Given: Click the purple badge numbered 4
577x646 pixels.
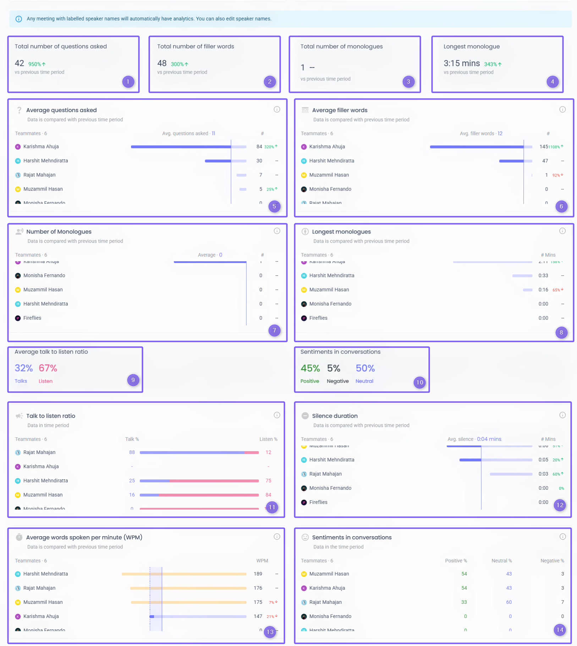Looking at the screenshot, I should coord(552,82).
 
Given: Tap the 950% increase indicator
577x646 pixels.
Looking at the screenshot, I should coord(37,64).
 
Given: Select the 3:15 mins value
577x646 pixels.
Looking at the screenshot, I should coord(461,63).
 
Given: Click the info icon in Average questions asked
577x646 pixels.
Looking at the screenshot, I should coord(277,109).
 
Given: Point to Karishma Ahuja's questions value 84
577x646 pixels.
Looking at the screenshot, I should coord(259,147).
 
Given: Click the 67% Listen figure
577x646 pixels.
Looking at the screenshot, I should coord(48,368).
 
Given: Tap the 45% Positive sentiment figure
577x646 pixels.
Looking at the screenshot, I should coord(310,368).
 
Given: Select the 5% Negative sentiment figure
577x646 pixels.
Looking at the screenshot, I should coord(334,368).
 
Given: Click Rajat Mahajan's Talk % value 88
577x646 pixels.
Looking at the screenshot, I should coord(132,452).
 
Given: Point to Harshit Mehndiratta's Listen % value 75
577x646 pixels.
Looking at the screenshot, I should coord(268,481).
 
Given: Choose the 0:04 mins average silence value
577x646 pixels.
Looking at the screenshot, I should coord(489,439).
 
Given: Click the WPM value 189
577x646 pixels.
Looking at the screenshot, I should coord(258,574).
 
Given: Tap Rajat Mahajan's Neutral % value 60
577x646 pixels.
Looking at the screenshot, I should coord(509,602).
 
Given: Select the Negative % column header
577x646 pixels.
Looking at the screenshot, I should coord(552,561).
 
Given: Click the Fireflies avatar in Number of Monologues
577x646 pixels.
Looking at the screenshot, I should coord(18,318).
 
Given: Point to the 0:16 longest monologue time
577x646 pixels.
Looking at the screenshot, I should coord(543,290).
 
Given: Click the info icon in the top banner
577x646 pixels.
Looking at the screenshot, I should coord(19,19).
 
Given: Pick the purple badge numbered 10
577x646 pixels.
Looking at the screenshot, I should coord(419,382).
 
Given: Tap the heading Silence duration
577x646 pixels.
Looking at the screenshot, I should coord(335,416).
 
